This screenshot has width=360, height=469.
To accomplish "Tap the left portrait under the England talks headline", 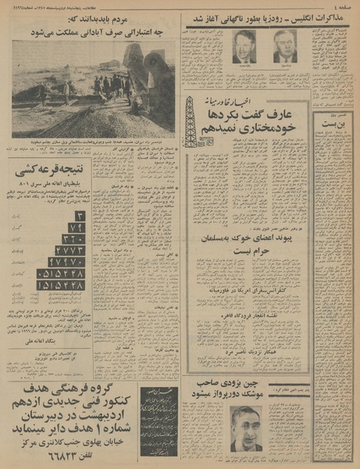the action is click(244, 47).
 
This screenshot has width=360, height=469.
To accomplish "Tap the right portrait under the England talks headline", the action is click(285, 47).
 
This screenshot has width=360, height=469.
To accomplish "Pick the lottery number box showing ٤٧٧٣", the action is click(71, 250).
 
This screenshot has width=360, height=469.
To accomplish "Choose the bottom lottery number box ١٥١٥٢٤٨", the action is click(61, 286).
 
